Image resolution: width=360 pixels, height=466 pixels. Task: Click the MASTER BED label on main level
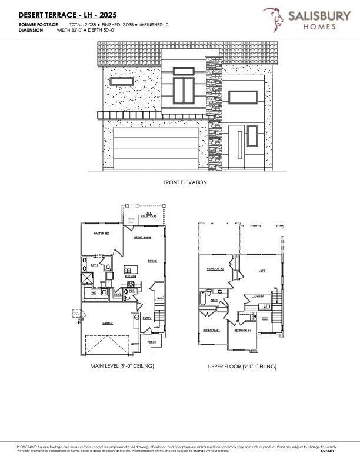point(102,234)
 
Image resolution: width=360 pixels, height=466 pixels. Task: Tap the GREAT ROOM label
point(143,237)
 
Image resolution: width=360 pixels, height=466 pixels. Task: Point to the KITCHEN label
point(131,276)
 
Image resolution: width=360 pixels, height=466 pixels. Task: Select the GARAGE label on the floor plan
point(108,323)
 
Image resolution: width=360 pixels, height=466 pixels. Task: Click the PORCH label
point(151,342)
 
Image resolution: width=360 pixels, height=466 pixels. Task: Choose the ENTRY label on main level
point(147,318)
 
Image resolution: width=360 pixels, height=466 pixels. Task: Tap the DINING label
point(152,260)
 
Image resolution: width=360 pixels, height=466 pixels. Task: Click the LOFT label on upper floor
point(262,271)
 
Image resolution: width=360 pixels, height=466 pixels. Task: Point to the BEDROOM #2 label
point(215,268)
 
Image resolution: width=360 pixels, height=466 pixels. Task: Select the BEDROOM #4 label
point(242,331)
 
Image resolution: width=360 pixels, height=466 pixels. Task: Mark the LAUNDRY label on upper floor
point(258,296)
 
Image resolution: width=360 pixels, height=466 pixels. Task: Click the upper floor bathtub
point(204,298)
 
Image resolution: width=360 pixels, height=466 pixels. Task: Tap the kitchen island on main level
point(131,269)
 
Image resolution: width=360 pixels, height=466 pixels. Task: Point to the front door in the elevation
point(239,148)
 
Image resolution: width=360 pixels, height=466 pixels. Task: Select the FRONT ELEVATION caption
point(185,182)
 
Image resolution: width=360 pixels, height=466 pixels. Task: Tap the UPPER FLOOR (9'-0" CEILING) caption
point(242,367)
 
